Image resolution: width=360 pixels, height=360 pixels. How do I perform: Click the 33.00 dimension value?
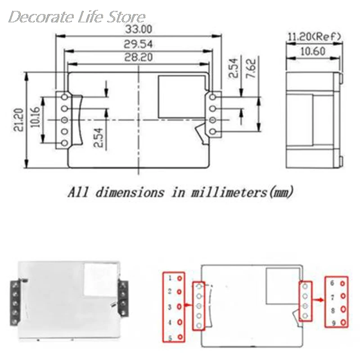(x=139, y=29)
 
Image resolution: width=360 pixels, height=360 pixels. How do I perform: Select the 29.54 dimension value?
(x=138, y=44)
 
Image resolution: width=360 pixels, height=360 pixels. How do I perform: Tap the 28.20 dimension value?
(x=139, y=57)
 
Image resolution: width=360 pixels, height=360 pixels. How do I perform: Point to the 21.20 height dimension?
(x=19, y=120)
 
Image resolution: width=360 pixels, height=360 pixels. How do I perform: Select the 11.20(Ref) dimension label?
(x=314, y=37)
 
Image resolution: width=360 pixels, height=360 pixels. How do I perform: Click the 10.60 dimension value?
(x=313, y=51)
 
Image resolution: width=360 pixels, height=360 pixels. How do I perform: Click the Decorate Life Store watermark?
(x=77, y=17)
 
